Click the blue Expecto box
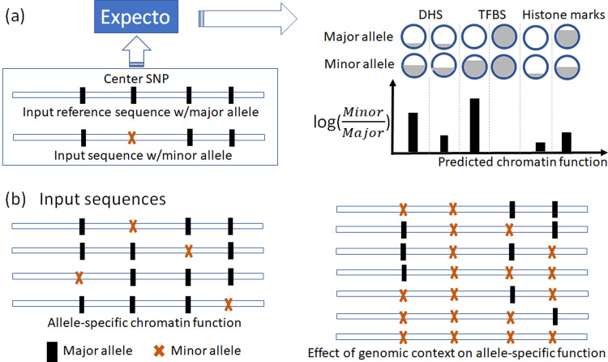136,17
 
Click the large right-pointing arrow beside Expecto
248,19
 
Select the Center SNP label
136,79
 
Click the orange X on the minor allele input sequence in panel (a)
132,137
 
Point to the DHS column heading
430,15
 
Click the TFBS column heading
492,15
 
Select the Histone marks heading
563,15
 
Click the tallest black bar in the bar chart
474,126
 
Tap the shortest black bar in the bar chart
540,147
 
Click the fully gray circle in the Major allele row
504,37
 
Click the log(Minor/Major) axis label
352,123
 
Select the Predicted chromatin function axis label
522,162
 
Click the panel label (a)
15,17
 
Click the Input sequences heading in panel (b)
103,199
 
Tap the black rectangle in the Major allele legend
52,351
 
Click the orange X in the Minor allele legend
159,351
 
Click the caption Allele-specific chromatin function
144,322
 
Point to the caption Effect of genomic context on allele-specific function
456,353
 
